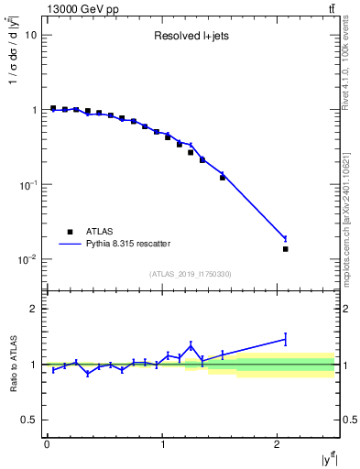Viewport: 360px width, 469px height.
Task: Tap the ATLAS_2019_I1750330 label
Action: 190,274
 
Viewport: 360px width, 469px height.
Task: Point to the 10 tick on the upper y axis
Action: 31,35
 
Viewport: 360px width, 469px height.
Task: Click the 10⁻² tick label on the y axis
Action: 28,259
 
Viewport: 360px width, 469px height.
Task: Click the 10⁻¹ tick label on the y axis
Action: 28,184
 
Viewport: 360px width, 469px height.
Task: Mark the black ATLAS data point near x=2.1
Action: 285,249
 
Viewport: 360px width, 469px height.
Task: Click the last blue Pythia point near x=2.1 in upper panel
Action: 285,239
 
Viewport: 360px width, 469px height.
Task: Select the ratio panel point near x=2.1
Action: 285,339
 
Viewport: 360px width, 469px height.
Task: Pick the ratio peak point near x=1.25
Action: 191,345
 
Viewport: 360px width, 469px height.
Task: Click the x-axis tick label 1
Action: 162,444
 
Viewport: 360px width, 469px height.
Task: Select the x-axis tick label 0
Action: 47,444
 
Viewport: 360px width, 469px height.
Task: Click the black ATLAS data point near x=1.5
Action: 223,178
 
